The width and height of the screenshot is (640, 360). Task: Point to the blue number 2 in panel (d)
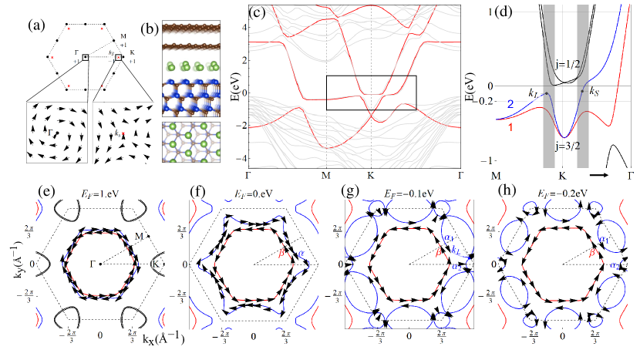click(510, 103)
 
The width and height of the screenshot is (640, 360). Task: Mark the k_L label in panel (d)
click(533, 94)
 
